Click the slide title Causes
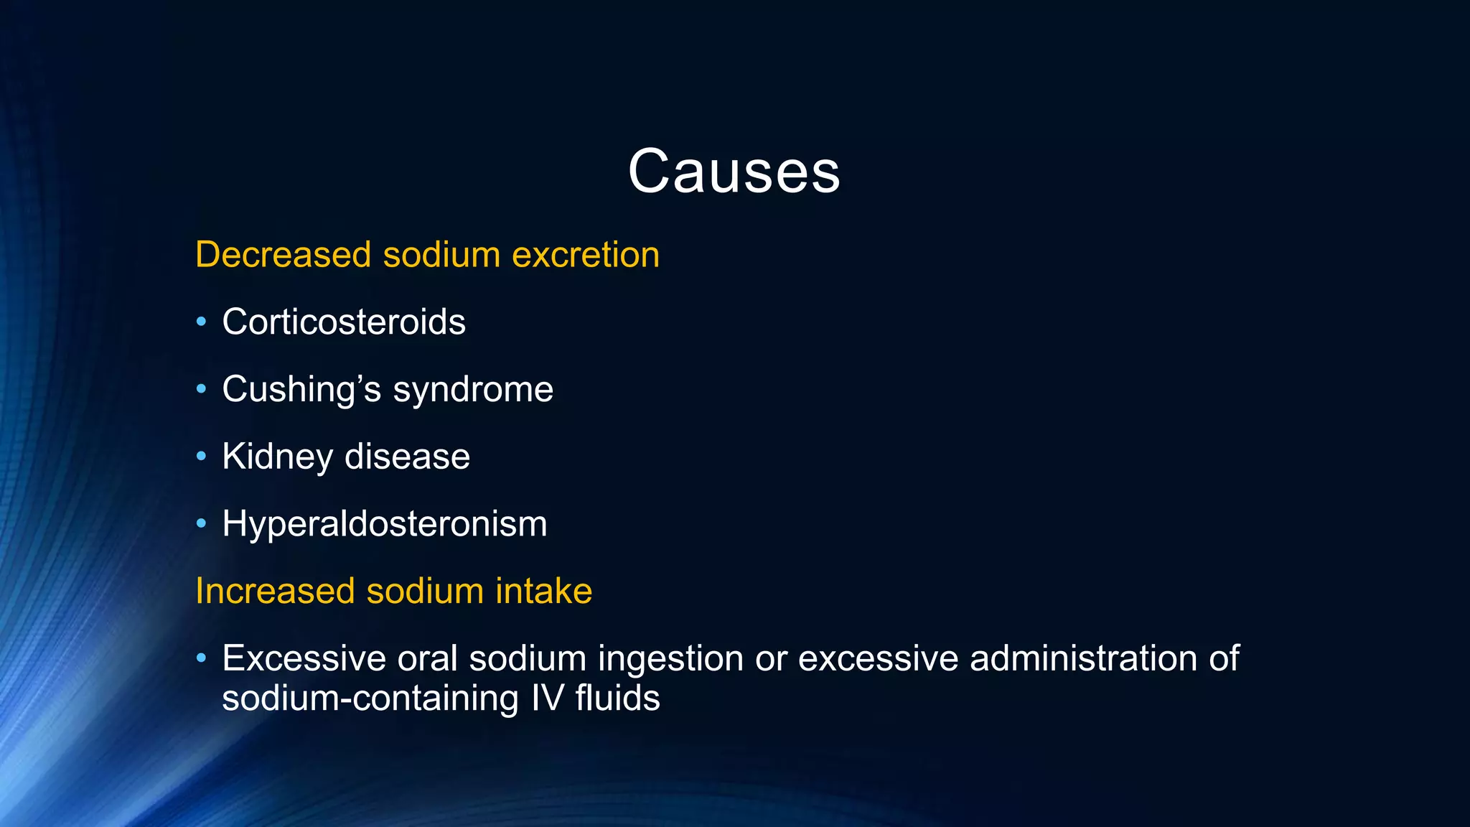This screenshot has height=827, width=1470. tap(734, 172)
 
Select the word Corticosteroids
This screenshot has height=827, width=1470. tap(344, 322)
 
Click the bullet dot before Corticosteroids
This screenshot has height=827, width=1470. tap(202, 322)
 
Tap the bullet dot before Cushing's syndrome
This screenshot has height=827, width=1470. tap(202, 389)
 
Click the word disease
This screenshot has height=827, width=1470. tap(407, 457)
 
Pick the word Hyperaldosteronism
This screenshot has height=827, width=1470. tap(385, 524)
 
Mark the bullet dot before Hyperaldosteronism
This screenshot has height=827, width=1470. tap(202, 523)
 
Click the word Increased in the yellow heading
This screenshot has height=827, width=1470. tap(275, 591)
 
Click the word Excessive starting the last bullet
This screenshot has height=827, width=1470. tap(304, 658)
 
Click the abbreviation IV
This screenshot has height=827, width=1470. tap(548, 698)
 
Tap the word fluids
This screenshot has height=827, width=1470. tap(617, 698)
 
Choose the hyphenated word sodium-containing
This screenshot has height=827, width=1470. tap(370, 698)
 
